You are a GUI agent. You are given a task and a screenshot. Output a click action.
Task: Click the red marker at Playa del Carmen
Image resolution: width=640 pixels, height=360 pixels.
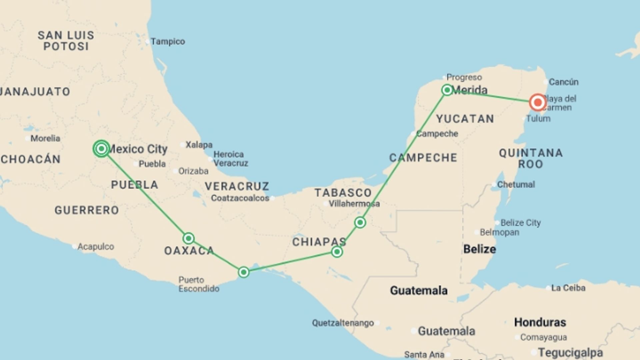tap(537, 102)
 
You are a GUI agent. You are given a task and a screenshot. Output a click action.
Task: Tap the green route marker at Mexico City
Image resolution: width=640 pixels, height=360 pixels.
tap(101, 149)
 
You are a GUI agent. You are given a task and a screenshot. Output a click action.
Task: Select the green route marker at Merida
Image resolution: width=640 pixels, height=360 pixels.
tap(447, 90)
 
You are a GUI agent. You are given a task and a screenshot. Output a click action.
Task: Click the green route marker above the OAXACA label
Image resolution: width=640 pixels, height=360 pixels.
tap(188, 238)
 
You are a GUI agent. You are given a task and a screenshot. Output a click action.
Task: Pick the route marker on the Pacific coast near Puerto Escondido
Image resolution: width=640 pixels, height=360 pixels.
tap(244, 272)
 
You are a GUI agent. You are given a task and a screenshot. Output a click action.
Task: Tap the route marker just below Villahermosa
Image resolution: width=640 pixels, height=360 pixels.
tap(360, 222)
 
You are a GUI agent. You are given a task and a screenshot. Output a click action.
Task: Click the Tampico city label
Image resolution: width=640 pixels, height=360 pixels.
tap(167, 42)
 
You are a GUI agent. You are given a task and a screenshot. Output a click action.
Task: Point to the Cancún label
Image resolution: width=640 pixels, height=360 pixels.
tap(563, 82)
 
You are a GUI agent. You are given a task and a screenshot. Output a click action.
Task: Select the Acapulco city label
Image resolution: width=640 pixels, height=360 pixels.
tap(95, 247)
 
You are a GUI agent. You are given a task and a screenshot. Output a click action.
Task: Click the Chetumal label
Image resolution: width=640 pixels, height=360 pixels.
tap(516, 184)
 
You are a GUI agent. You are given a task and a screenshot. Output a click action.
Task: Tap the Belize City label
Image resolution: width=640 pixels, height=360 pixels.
tap(520, 223)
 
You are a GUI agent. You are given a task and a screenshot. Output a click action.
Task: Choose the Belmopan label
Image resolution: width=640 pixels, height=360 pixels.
tap(499, 232)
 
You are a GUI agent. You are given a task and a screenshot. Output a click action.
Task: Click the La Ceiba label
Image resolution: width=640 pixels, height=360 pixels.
tap(568, 288)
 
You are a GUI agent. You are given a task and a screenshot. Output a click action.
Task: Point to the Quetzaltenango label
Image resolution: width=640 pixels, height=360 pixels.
tap(343, 323)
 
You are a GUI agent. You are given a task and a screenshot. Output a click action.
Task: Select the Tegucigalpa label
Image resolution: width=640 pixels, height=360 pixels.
tap(570, 352)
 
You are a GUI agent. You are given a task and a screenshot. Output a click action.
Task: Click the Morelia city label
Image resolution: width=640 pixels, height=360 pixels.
tap(45, 138)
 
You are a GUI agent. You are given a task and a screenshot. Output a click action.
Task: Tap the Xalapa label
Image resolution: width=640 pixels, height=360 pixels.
tap(199, 145)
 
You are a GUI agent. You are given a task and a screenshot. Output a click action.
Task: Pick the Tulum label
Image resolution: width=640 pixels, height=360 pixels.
tap(538, 119)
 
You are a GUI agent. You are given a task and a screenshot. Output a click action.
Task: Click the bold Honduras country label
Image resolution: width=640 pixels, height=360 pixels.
tap(540, 322)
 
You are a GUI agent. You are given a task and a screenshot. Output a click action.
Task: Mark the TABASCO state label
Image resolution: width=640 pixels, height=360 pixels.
tap(343, 193)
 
